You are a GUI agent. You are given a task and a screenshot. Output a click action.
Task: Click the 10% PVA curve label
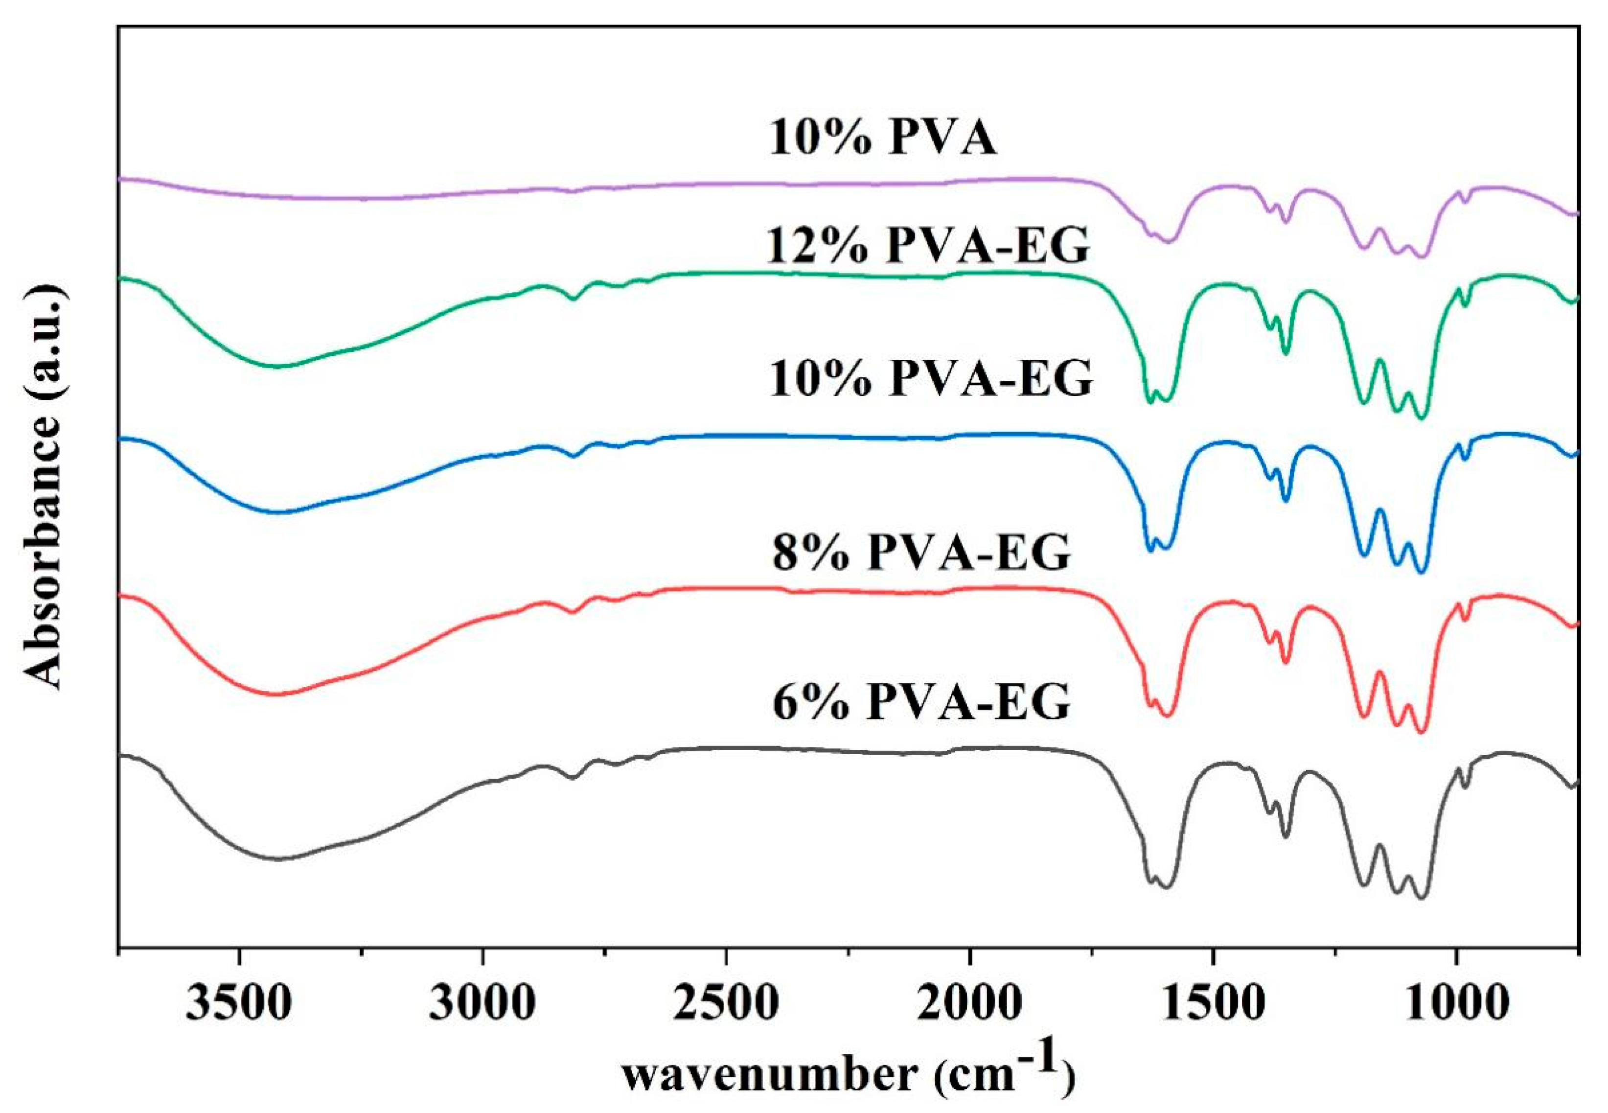click(x=882, y=138)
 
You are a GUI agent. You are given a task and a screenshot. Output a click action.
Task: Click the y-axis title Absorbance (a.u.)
click(x=47, y=487)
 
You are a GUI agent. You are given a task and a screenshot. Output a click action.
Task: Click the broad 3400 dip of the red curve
click(x=279, y=694)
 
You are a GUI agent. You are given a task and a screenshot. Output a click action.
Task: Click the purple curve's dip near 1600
click(x=1170, y=241)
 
